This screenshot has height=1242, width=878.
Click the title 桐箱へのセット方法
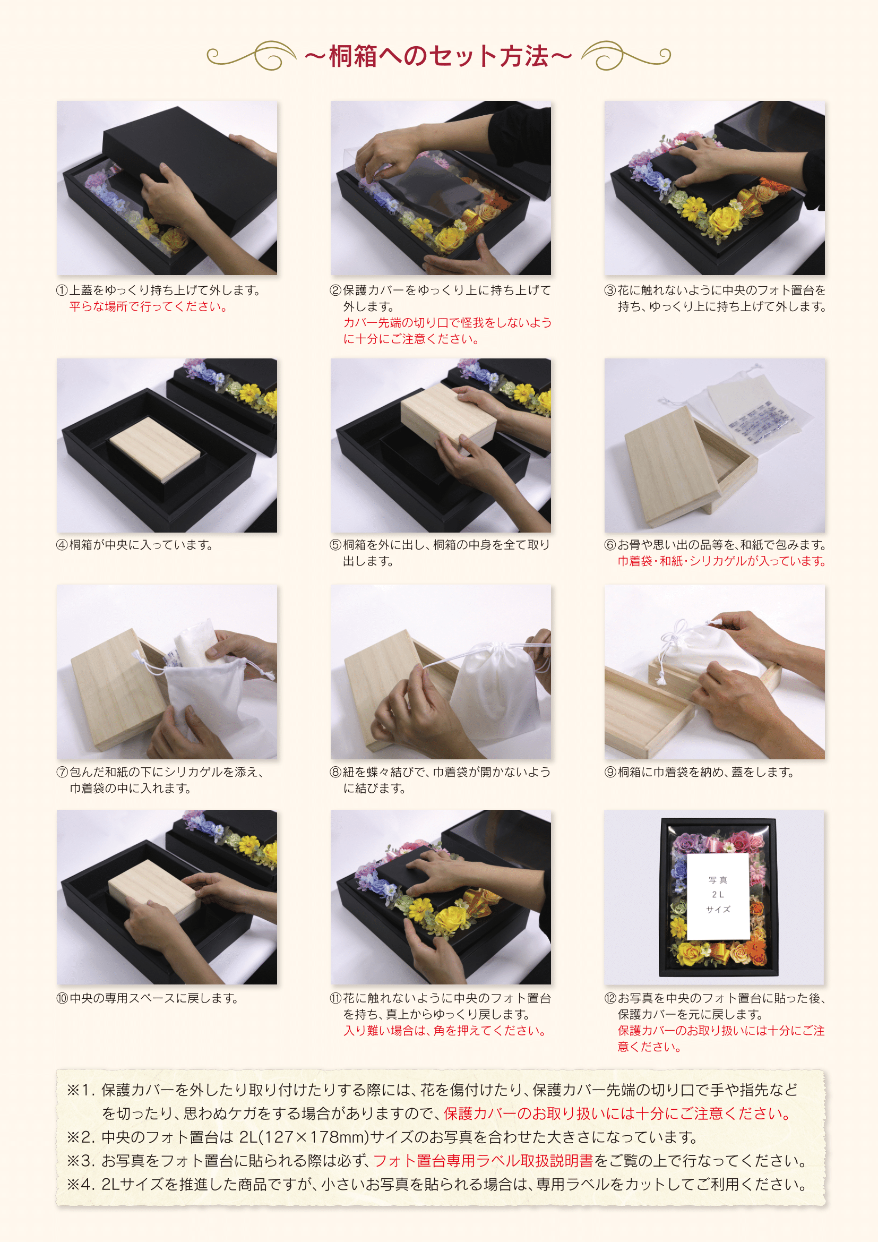(438, 56)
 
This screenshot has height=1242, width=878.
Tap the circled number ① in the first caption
(62, 290)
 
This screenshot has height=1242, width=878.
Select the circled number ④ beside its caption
(62, 545)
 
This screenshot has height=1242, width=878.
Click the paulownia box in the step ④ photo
(154, 449)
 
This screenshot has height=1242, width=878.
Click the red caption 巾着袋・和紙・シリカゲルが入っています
(722, 561)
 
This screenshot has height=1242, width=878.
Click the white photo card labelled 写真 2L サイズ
(718, 896)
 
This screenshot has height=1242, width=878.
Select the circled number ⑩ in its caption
(62, 998)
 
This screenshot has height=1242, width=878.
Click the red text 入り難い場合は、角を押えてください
(444, 1031)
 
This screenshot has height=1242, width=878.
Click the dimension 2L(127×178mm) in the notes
(304, 1137)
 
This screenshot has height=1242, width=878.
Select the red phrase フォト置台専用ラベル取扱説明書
(483, 1161)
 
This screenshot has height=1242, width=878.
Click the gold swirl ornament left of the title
(252, 55)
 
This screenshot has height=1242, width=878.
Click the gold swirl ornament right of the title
(626, 55)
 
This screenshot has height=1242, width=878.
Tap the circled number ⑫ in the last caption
(610, 998)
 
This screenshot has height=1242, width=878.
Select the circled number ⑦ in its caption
(62, 772)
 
